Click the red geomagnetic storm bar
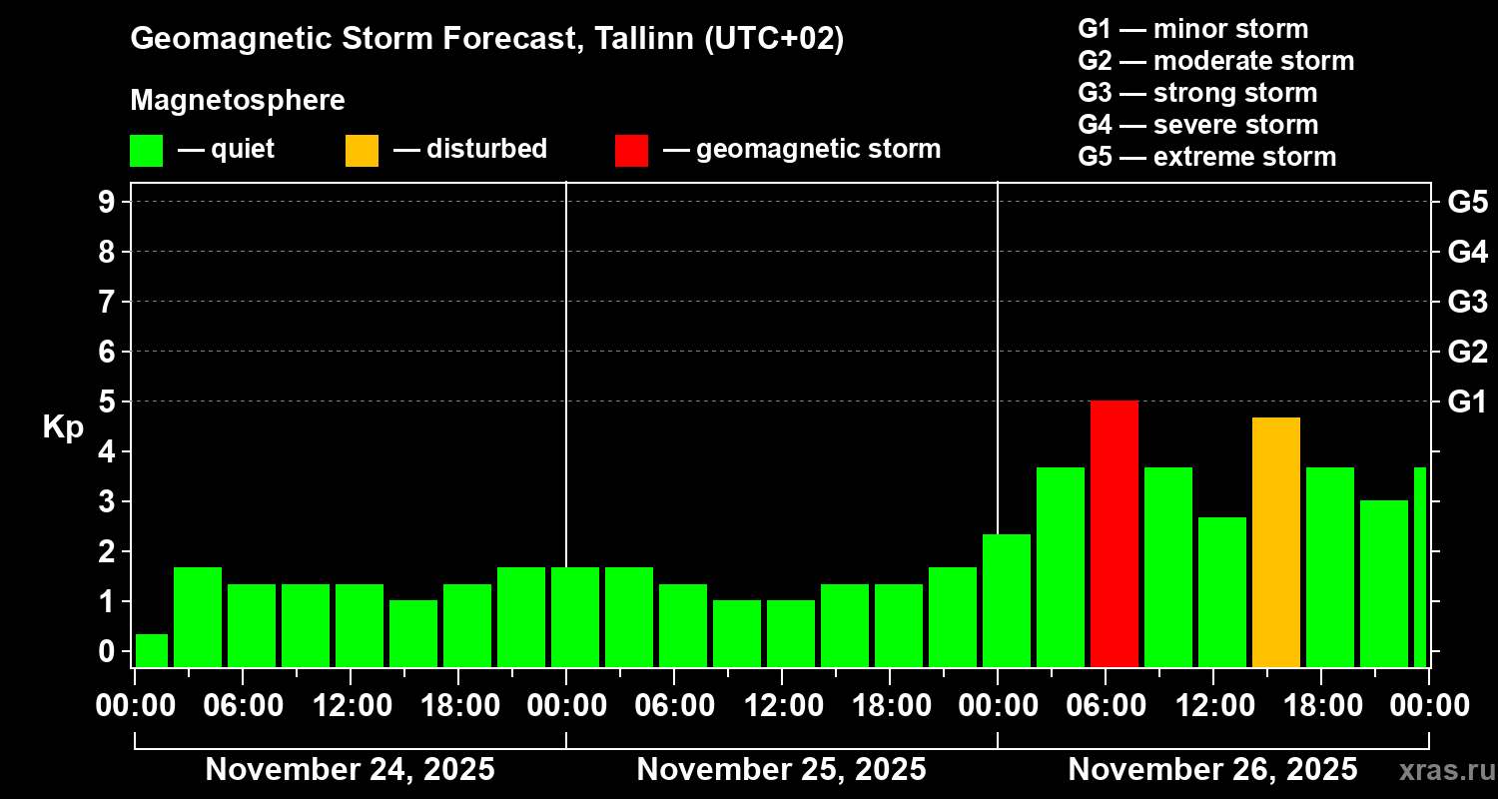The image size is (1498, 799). (x=1115, y=534)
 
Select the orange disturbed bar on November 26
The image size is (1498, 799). (x=1276, y=542)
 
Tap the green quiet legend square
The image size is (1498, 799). (x=146, y=150)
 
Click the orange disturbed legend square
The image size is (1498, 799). (x=362, y=150)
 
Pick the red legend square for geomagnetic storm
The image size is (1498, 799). (x=631, y=150)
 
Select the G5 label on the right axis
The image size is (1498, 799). (x=1467, y=203)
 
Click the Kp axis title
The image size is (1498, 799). (x=63, y=427)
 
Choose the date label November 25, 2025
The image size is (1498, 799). (x=781, y=770)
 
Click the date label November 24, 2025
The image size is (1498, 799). (x=350, y=770)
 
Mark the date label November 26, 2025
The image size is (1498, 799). (x=1212, y=770)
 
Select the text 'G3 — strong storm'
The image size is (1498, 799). (x=1197, y=93)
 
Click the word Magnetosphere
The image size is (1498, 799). (x=238, y=101)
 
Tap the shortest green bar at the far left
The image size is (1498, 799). (x=152, y=650)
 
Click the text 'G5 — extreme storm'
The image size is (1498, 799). (x=1206, y=157)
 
